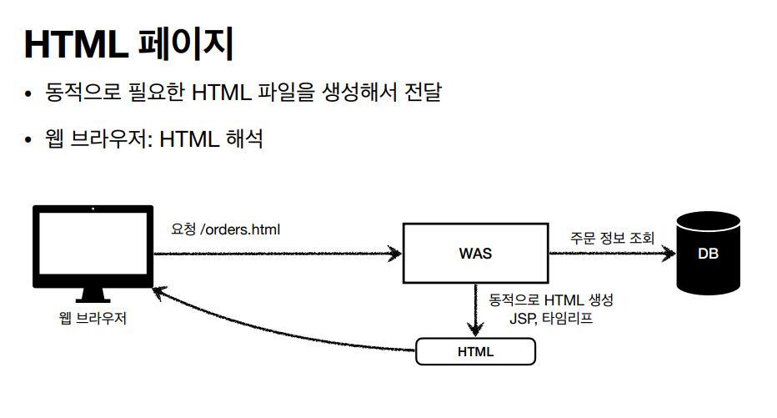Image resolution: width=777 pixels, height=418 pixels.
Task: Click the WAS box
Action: pyautogui.click(x=475, y=253)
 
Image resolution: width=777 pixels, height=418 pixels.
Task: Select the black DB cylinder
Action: pyautogui.click(x=708, y=253)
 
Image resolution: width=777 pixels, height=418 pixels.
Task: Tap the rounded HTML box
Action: pyautogui.click(x=475, y=351)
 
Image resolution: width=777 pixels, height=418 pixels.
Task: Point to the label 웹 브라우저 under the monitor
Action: pyautogui.click(x=93, y=318)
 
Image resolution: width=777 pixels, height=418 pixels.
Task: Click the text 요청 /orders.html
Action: pyautogui.click(x=225, y=228)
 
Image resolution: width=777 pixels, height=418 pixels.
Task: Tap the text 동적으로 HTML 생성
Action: pyautogui.click(x=552, y=300)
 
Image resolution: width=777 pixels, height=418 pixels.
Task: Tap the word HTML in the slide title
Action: pyautogui.click(x=76, y=44)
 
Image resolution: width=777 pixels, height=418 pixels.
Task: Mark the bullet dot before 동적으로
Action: pyautogui.click(x=29, y=93)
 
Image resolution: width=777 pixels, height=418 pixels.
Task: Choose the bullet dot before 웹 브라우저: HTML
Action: pyautogui.click(x=29, y=139)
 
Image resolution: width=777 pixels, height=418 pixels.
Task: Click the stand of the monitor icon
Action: pyautogui.click(x=93, y=295)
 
